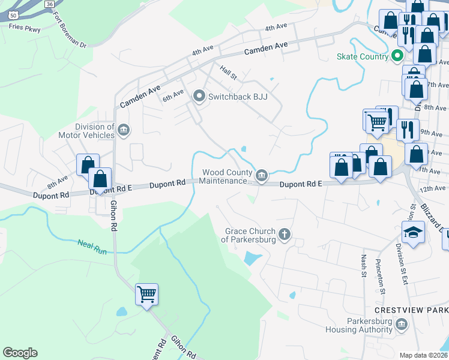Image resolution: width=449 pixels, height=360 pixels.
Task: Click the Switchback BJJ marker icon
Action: click(x=199, y=96)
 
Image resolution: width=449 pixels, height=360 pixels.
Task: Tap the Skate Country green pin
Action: click(x=397, y=57)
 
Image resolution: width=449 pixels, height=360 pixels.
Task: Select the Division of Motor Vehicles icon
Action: click(x=124, y=131)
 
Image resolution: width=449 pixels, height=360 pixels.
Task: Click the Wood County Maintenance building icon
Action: click(x=261, y=175)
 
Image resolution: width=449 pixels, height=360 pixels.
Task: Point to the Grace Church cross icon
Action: click(x=284, y=235)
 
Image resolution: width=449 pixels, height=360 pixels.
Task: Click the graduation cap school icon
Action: click(x=413, y=232)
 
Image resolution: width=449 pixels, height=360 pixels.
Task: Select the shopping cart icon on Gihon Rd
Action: click(x=146, y=294)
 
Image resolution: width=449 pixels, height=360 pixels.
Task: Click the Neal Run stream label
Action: click(x=92, y=246)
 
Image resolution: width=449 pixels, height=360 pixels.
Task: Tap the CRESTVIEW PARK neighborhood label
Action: click(x=411, y=310)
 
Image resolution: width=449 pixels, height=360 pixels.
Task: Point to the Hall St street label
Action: click(x=229, y=73)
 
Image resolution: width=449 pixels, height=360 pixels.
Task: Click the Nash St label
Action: click(x=364, y=266)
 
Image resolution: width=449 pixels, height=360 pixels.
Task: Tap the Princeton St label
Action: click(x=379, y=273)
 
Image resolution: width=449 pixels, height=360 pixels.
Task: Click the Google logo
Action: click(x=20, y=353)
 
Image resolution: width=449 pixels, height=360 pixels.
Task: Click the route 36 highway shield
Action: click(x=49, y=3)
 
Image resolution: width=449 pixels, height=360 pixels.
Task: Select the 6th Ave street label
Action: click(x=173, y=96)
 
